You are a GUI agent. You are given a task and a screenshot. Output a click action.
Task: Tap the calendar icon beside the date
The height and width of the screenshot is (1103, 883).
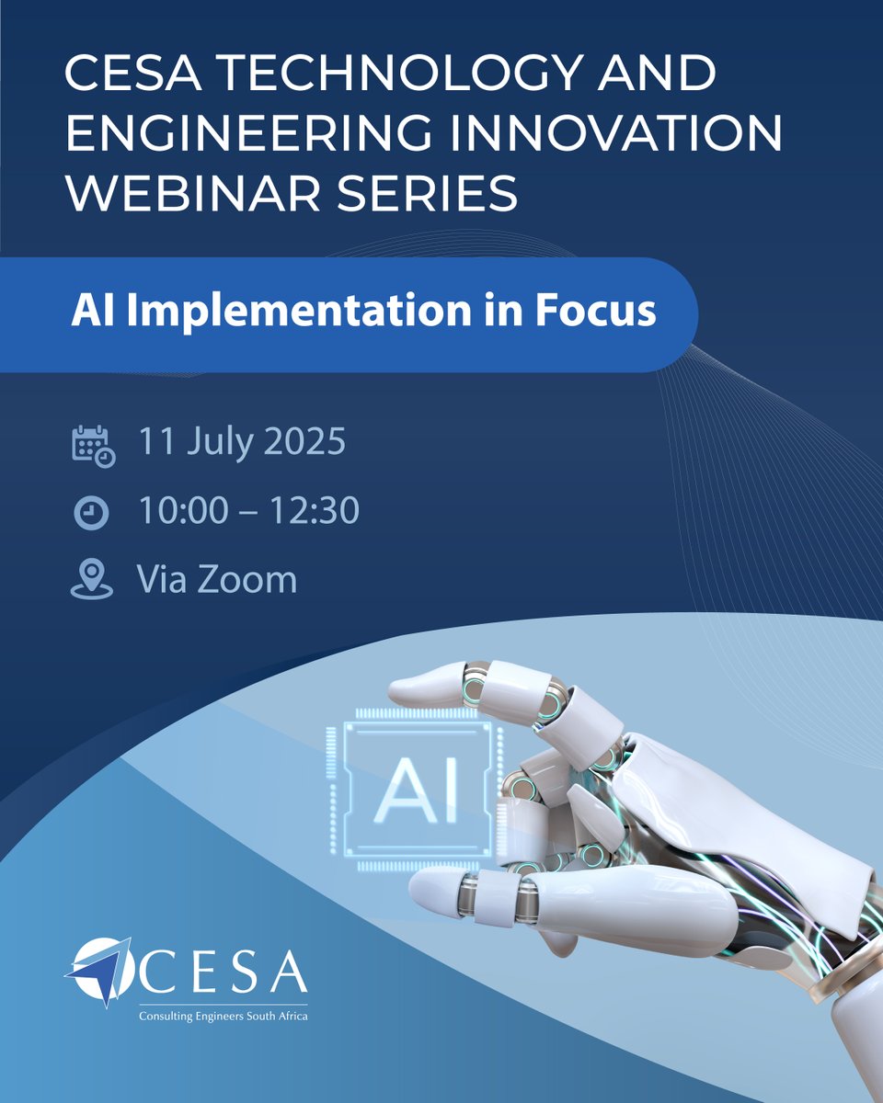click(x=92, y=446)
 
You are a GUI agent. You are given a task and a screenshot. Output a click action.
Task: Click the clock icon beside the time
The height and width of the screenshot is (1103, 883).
click(x=91, y=513)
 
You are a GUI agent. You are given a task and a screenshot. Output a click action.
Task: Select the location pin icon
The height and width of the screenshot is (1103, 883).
click(x=91, y=581)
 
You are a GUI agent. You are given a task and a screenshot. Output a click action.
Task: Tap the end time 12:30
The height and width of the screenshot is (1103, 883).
click(x=312, y=512)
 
